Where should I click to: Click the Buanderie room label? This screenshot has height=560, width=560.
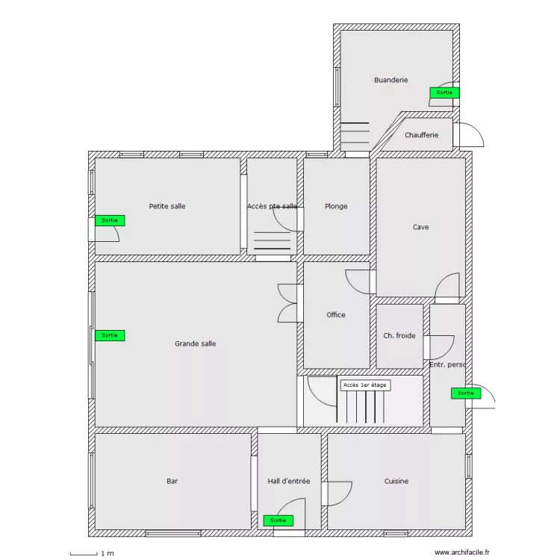(x=391, y=80)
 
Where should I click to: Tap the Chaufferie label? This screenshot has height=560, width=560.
(x=421, y=135)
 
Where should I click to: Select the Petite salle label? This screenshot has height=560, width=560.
(x=167, y=206)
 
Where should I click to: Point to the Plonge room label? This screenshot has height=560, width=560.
(x=336, y=206)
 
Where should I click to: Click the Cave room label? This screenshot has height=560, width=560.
(x=420, y=227)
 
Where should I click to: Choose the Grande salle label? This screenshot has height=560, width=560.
(x=196, y=343)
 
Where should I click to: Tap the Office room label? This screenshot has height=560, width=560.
(x=336, y=314)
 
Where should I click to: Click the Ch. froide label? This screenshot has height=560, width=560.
(x=399, y=335)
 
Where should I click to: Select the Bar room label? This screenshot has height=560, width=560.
(x=172, y=481)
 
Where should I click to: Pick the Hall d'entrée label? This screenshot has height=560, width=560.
(x=288, y=481)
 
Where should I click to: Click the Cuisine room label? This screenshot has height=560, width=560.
(x=396, y=481)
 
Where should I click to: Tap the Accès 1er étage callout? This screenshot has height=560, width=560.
(x=365, y=385)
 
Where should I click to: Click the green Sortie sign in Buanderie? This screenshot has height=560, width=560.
(x=444, y=93)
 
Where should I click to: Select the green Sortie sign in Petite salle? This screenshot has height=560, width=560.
(x=110, y=220)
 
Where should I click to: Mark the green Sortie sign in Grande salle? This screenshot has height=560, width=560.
(x=110, y=335)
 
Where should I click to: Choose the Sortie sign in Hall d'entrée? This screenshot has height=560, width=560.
(x=278, y=520)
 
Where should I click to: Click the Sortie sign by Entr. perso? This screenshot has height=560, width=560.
(x=466, y=393)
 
